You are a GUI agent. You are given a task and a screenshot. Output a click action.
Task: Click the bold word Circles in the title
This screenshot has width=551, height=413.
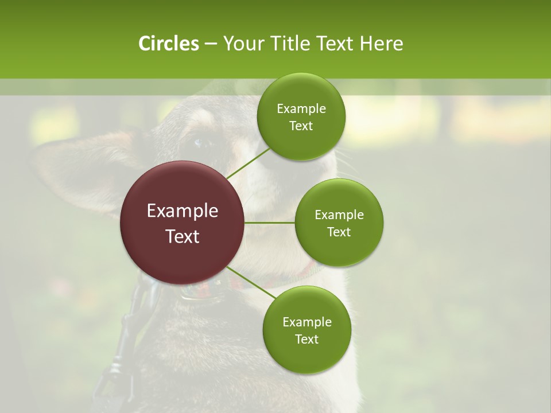(x=168, y=44)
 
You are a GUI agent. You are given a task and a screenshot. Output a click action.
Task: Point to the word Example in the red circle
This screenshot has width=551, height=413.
(x=183, y=211)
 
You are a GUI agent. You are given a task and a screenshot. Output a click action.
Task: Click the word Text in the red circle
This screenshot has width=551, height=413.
(x=183, y=236)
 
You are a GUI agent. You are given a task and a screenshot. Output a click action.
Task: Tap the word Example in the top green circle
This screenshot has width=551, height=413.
(x=301, y=109)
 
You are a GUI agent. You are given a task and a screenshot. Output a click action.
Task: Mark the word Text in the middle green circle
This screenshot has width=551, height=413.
(x=339, y=232)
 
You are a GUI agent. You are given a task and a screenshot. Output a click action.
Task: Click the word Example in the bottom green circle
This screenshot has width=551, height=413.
(x=306, y=322)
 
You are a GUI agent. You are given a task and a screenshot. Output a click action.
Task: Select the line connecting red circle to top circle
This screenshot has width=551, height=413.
(x=248, y=163)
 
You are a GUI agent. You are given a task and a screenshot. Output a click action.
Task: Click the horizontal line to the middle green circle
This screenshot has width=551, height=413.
(x=270, y=223)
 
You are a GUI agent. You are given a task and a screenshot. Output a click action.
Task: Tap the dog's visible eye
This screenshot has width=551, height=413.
(x=199, y=143)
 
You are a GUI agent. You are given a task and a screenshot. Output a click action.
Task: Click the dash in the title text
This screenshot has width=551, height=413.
(x=211, y=44)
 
